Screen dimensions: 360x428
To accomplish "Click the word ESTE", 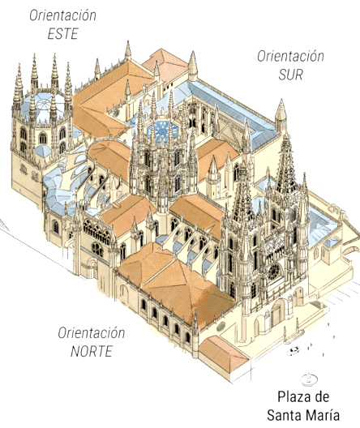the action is point(63,33).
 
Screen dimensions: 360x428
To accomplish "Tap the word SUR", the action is point(290,75).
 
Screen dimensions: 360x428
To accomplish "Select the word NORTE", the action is point(92,351).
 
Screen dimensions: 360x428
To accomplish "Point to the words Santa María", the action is point(303,415).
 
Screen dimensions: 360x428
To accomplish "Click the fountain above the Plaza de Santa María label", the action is point(309,379).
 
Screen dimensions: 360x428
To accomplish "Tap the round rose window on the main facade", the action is point(274,271).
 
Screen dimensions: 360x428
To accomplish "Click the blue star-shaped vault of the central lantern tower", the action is point(162,131).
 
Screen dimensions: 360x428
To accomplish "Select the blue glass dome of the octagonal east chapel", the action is point(44,106).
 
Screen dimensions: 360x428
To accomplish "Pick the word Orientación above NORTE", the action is point(92,333).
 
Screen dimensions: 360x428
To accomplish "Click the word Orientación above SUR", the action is point(290,56).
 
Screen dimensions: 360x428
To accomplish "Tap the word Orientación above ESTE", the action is point(62,15).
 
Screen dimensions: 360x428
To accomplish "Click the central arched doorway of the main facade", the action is point(277,314).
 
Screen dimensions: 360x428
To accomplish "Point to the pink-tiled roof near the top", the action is point(166,64).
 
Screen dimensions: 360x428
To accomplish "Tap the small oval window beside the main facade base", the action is point(221,326).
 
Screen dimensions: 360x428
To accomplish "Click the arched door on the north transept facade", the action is point(92,269).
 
